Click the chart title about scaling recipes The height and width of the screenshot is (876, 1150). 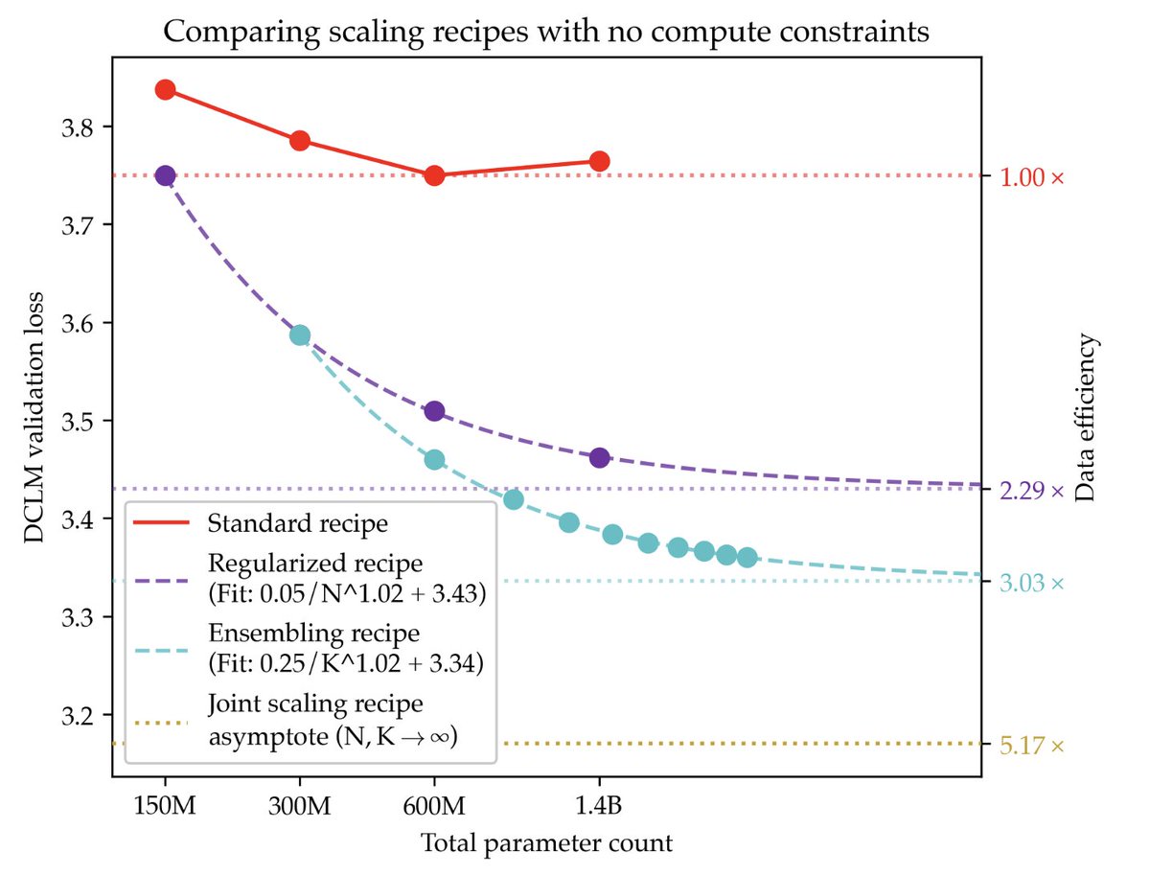click(x=546, y=32)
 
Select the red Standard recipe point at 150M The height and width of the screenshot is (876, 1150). click(x=165, y=90)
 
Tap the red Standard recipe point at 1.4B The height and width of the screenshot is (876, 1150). click(x=600, y=161)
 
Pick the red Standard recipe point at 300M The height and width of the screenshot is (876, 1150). click(x=300, y=141)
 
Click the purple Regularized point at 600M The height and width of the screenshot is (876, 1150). click(x=434, y=411)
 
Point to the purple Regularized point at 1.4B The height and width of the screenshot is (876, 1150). click(x=600, y=458)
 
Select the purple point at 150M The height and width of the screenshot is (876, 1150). click(x=165, y=175)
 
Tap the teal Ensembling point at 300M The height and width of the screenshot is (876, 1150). click(x=300, y=334)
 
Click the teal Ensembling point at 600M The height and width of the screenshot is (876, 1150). click(x=434, y=460)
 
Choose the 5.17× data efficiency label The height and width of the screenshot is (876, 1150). click(x=1031, y=746)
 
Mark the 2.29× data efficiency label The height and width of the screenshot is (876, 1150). click(x=1031, y=492)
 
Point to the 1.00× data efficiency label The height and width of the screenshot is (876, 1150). click(x=1031, y=178)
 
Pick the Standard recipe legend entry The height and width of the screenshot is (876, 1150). click(x=297, y=524)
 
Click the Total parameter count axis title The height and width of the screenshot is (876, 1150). click(x=546, y=844)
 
